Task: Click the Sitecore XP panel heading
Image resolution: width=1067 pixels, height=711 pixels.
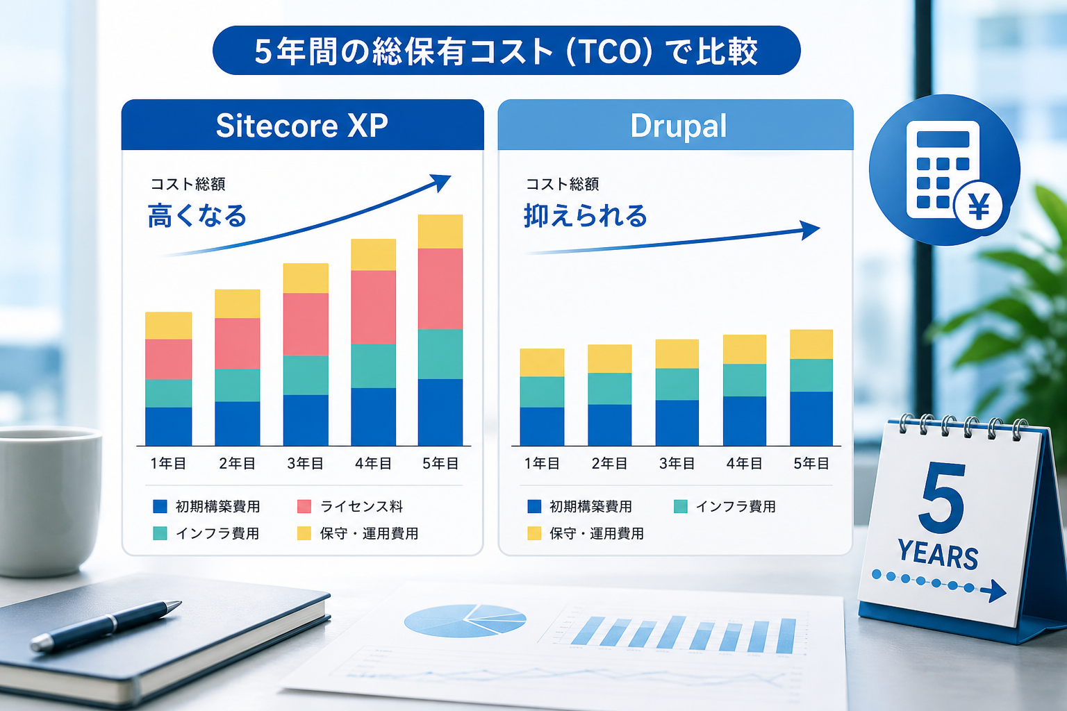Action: [302, 126]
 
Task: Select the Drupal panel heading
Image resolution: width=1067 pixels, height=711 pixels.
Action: [678, 126]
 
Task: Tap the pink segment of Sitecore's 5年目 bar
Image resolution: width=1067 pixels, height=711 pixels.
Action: [440, 289]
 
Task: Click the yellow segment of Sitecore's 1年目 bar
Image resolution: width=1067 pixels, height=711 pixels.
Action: [169, 326]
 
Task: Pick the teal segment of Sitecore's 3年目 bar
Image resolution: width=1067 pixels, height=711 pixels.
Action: [306, 375]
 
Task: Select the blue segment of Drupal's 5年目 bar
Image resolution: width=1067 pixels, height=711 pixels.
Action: [811, 419]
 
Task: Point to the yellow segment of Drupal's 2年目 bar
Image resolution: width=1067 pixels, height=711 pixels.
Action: [610, 358]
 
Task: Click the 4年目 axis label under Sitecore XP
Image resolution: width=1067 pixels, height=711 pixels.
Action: [373, 463]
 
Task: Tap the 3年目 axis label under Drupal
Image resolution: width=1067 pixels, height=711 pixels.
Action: [677, 463]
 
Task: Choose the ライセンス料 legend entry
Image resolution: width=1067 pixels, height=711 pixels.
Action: [351, 506]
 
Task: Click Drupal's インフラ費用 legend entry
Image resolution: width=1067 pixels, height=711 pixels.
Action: [725, 506]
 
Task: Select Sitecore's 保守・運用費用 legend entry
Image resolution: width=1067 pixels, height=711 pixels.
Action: [358, 533]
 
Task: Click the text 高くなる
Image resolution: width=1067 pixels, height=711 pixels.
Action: [197, 216]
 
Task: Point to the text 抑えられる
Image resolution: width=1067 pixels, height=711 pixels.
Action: [586, 216]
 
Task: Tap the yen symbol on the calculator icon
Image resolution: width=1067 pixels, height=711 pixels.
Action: [979, 207]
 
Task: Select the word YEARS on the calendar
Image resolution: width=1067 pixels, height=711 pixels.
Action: [938, 555]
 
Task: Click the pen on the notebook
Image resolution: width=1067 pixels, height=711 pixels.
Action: [106, 626]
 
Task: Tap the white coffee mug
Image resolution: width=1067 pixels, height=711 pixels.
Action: [48, 500]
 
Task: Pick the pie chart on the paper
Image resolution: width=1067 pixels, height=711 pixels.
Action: [465, 621]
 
